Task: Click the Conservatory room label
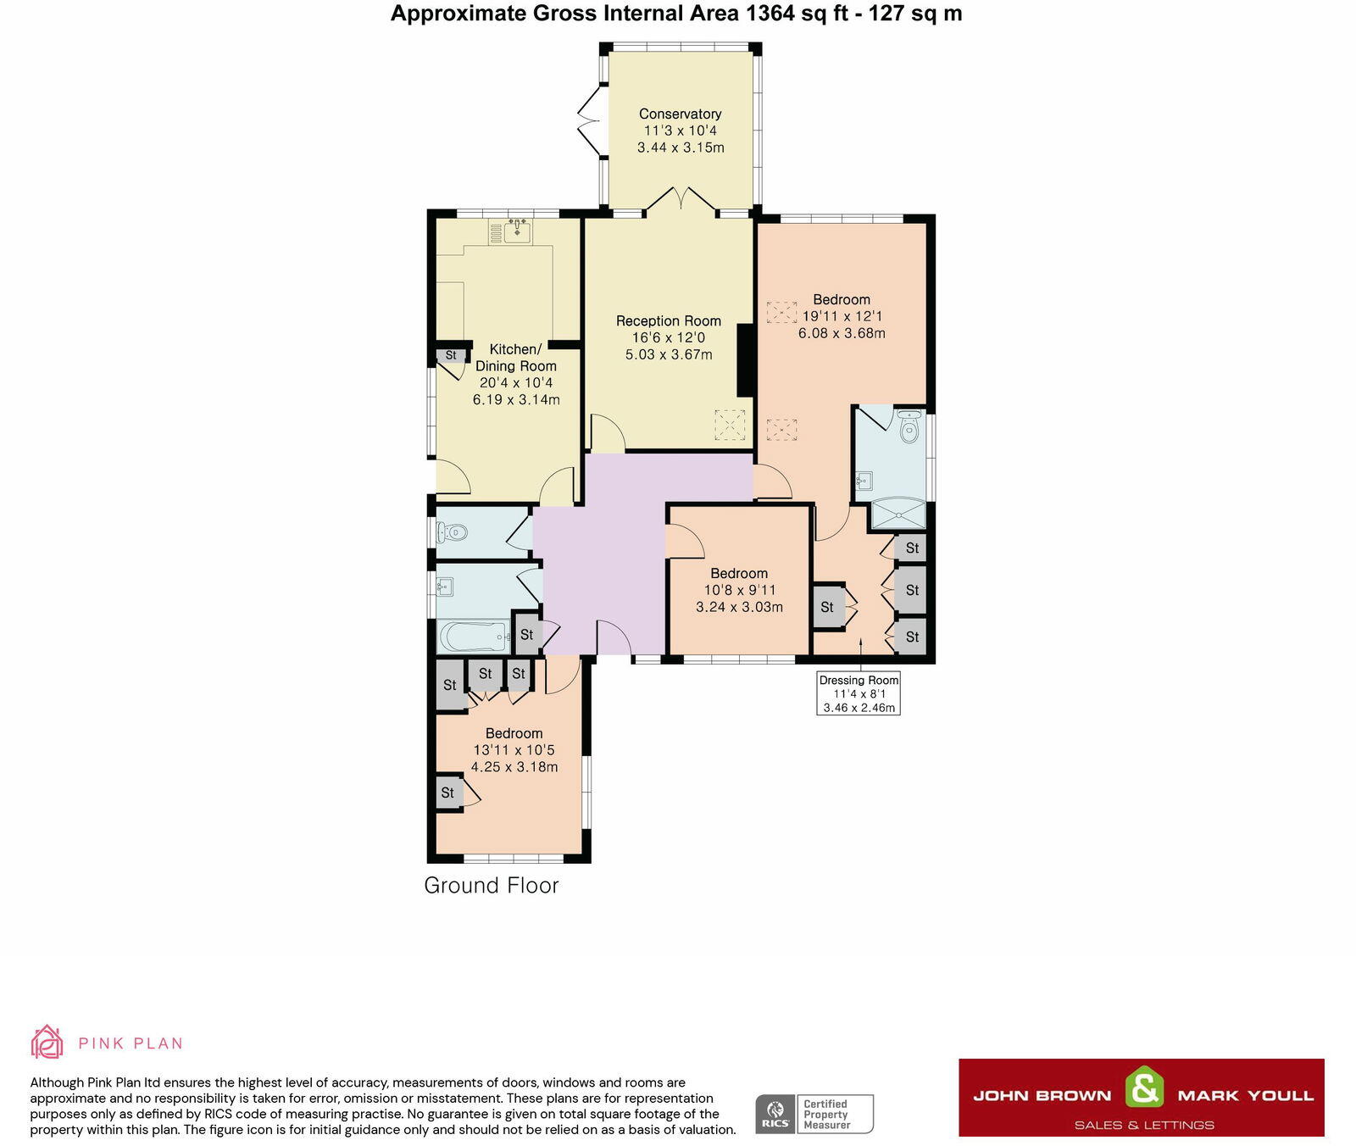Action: point(680,114)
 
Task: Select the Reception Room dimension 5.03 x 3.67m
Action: point(669,354)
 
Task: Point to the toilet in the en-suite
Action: point(909,427)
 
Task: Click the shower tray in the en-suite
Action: point(898,515)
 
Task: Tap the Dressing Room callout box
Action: point(859,693)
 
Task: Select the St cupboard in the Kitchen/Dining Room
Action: point(451,355)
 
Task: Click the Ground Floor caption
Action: point(492,885)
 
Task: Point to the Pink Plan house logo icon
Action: point(47,1043)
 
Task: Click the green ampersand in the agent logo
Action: point(1144,1088)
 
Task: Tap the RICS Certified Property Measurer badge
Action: point(814,1114)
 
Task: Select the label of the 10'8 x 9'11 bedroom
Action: point(739,573)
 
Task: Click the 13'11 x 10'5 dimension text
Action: point(514,750)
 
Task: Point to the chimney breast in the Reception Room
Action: point(746,360)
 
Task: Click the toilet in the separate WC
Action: point(452,533)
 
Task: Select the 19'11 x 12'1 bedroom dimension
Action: point(842,316)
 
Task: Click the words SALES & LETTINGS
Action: point(1144,1125)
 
